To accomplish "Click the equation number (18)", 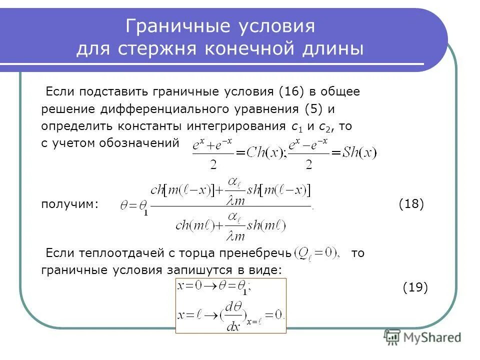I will click(411, 204).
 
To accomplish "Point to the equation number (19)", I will click(415, 287).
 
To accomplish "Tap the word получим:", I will click(70, 204).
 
